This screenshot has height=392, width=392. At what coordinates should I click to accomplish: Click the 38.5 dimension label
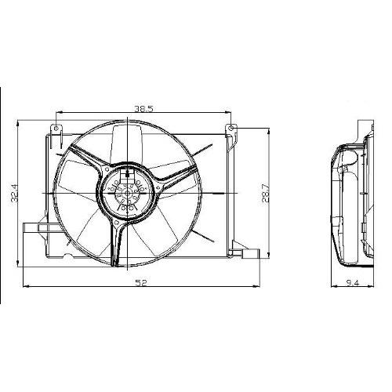coord(143,108)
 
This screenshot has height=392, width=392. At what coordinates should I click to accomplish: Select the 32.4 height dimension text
coord(15,193)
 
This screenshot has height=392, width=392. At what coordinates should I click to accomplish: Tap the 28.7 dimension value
coord(264,194)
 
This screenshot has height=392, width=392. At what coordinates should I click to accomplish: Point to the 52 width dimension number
coord(141,283)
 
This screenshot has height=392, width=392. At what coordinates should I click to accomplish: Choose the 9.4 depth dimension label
coord(353,283)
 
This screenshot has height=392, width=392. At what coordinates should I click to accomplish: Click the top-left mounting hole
coord(56,128)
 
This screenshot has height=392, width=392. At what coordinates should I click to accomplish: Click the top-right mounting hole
coord(230,128)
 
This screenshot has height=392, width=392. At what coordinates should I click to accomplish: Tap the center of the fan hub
coord(128,194)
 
